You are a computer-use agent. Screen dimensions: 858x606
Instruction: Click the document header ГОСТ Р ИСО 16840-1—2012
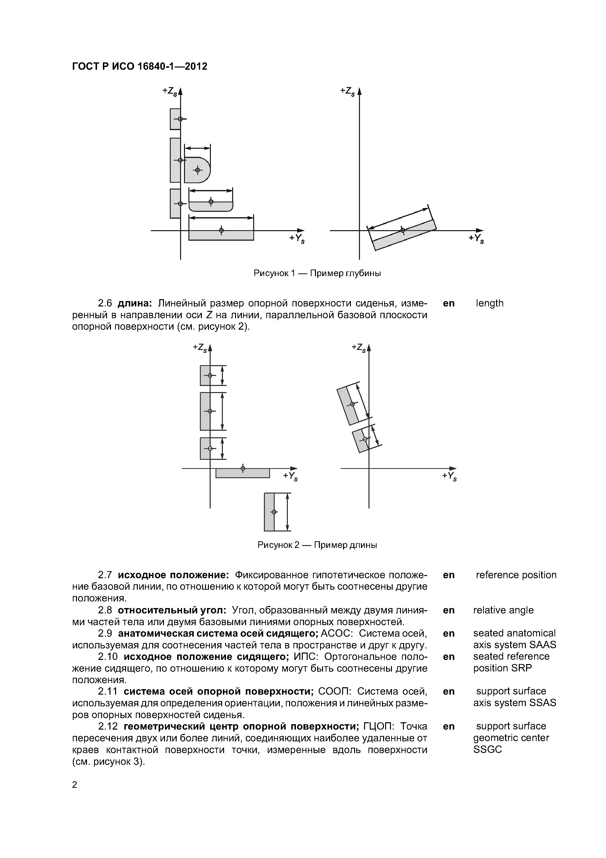tap(139, 67)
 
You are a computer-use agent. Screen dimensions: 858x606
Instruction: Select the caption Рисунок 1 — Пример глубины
tap(317, 273)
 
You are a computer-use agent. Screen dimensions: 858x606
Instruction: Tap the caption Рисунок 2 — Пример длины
tap(317, 545)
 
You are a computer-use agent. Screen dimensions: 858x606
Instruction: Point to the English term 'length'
tap(489, 303)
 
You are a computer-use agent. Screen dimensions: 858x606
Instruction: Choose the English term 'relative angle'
tap(503, 610)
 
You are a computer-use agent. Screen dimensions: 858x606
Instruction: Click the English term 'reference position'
tap(516, 575)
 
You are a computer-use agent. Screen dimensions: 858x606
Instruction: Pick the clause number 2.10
tap(108, 656)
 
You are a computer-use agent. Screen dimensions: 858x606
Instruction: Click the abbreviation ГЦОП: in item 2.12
tap(378, 726)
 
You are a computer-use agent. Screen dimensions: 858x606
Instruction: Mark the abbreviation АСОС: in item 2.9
tap(334, 633)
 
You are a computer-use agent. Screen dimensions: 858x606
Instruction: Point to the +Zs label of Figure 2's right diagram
tap(359, 348)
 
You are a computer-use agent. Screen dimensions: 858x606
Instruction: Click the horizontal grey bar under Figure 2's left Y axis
tap(243, 473)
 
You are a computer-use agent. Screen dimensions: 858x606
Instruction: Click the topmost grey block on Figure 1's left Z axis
tap(175, 119)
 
